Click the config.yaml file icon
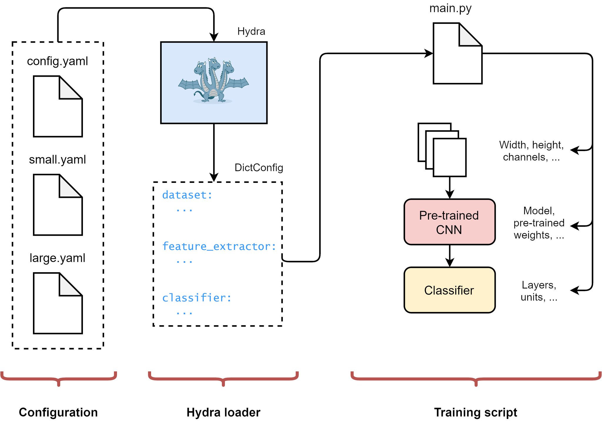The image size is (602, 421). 58,106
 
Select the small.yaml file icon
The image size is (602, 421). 58,205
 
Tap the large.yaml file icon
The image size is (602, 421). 58,303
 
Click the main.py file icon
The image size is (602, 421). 457,54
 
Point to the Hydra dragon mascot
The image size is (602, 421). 214,81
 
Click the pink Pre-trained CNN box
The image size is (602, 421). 449,222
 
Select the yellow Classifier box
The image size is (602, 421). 449,290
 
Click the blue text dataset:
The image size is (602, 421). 187,195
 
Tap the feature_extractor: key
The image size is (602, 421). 219,246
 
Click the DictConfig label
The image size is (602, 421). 259,168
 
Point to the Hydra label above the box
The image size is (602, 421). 251,31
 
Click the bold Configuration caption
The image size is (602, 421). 58,412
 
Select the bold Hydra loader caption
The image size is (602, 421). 223,412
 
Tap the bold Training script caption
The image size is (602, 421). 476,412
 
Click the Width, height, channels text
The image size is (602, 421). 531,151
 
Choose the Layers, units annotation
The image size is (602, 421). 539,291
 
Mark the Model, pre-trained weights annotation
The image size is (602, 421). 539,223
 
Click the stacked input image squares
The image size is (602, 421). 442,150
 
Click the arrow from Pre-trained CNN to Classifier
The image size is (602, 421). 450,256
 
